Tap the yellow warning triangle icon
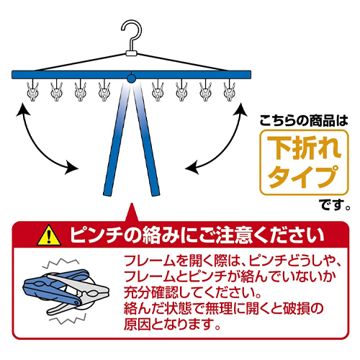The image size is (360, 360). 49,235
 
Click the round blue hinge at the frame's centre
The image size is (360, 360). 131,78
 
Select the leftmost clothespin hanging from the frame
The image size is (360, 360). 33,90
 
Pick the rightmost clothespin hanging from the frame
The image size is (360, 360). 230,90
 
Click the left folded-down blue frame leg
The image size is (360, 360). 117,139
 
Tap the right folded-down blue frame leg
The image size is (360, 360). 146,139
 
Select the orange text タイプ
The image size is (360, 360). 304,176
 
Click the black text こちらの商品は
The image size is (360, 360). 304,120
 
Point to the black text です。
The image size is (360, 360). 335,204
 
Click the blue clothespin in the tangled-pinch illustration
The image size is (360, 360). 56,286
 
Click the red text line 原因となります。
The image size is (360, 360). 172,325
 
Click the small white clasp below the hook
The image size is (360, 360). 131,53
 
